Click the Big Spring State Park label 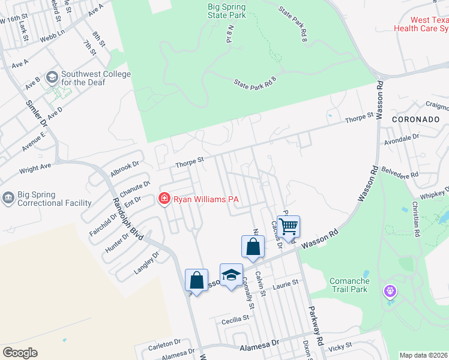[x=226, y=11]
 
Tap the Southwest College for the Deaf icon [x=52, y=77]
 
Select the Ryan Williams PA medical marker [x=163, y=199]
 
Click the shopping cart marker [x=289, y=226]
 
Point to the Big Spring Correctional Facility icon [x=8, y=199]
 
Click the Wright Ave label [x=35, y=170]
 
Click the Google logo [x=20, y=353]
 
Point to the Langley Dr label [x=146, y=263]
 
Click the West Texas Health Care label [x=421, y=24]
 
